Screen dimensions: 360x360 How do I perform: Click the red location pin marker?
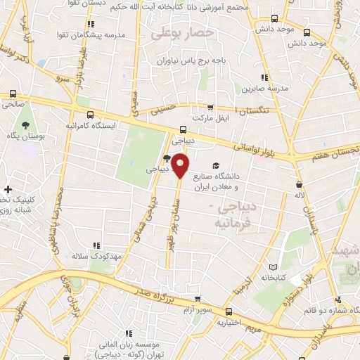pyautogui.click(x=181, y=166)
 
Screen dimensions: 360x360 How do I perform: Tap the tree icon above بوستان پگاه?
pyautogui.click(x=26, y=124)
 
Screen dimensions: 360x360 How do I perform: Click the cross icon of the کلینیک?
pyautogui.click(x=8, y=190)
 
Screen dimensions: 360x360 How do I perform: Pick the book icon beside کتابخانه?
pyautogui.click(x=274, y=267)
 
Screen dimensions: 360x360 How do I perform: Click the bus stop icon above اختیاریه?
pyautogui.click(x=228, y=311)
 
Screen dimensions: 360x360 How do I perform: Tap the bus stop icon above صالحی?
pyautogui.click(x=13, y=94)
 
